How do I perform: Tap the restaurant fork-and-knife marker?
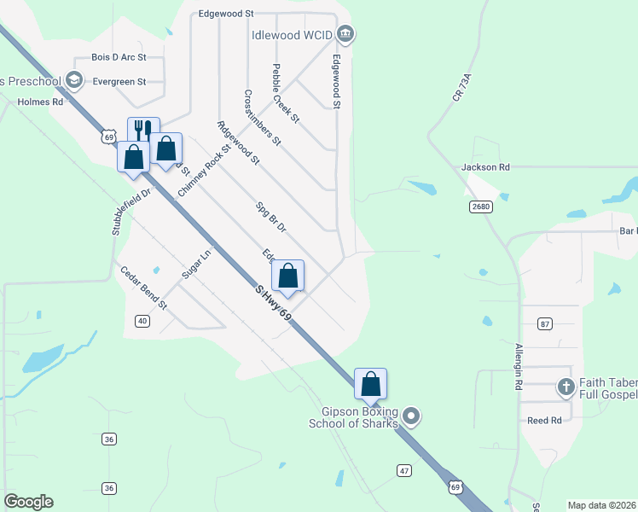143,131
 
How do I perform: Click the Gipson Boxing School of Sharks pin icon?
412,416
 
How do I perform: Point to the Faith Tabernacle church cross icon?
565,387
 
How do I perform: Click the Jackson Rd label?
485,168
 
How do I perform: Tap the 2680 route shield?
480,207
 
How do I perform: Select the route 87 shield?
546,323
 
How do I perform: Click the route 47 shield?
404,470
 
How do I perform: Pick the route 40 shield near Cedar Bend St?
142,320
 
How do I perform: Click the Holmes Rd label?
40,102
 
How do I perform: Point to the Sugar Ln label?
195,265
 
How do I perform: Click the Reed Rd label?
544,421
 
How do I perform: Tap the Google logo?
28,502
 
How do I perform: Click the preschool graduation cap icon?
74,81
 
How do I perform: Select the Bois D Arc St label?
119,57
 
